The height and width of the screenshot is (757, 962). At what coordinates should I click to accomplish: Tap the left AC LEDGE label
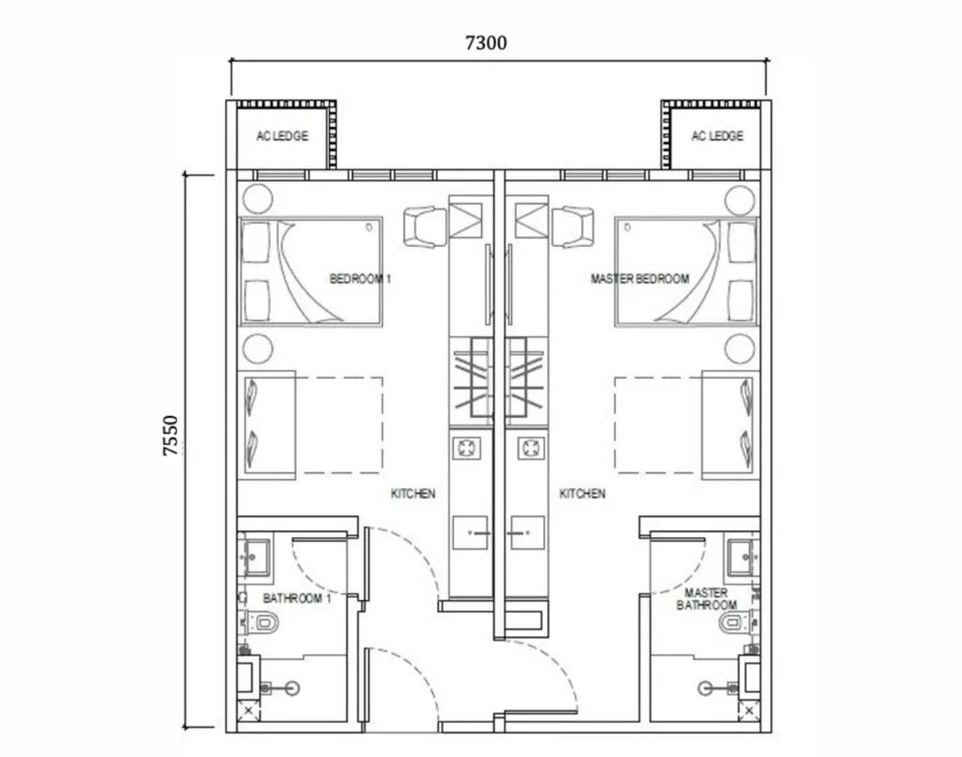point(282,136)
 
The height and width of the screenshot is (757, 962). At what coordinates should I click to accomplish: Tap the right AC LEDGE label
point(717,136)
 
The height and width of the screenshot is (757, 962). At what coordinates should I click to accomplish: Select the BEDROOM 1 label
point(353,279)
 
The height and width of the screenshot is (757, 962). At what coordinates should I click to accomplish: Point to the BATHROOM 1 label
point(297,598)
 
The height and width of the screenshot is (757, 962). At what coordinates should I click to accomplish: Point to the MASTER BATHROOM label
point(706,599)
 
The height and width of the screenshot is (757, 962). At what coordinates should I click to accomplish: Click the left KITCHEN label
point(413,494)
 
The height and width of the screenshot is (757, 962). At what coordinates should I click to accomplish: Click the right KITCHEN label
point(582,494)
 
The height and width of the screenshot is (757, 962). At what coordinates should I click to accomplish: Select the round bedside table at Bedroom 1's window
point(256,199)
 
